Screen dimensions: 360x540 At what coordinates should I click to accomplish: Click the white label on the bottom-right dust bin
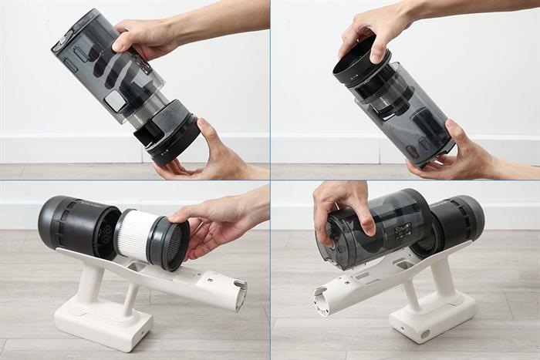(401, 230)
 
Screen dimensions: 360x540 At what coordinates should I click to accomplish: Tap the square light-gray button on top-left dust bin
(116, 101)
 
